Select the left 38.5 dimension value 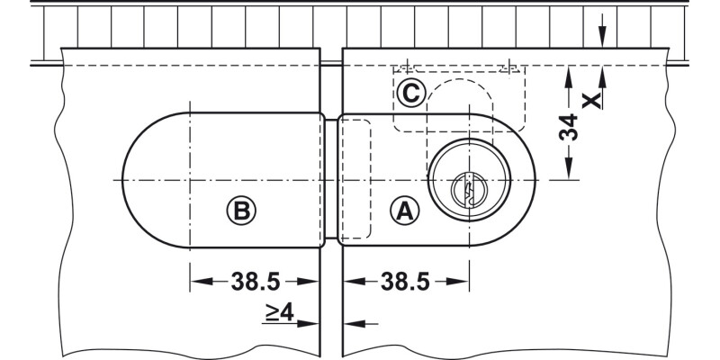click(x=256, y=282)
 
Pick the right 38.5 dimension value click(x=405, y=282)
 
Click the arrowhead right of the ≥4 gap click(x=353, y=322)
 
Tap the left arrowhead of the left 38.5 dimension click(x=196, y=282)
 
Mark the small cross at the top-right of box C click(x=510, y=66)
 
